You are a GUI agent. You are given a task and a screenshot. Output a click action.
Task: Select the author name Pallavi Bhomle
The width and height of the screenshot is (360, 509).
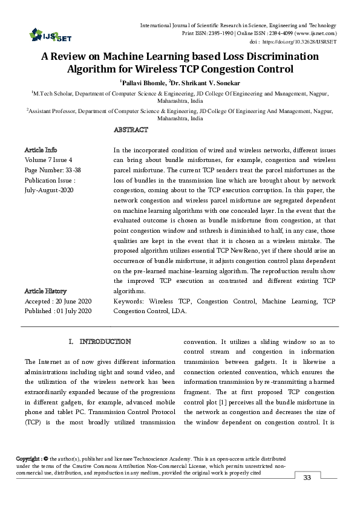pos(141,82)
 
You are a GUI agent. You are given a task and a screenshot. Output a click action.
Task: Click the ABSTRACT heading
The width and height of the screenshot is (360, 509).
pos(131,130)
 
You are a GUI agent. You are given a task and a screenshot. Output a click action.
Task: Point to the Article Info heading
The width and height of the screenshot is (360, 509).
pos(41,149)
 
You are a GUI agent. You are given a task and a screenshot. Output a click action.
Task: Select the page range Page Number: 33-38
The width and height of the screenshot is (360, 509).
pos(53,170)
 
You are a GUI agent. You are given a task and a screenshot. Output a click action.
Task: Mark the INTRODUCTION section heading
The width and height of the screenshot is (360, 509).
pos(105,342)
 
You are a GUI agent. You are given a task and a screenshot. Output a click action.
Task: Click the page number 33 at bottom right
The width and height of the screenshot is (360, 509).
pos(306,479)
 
